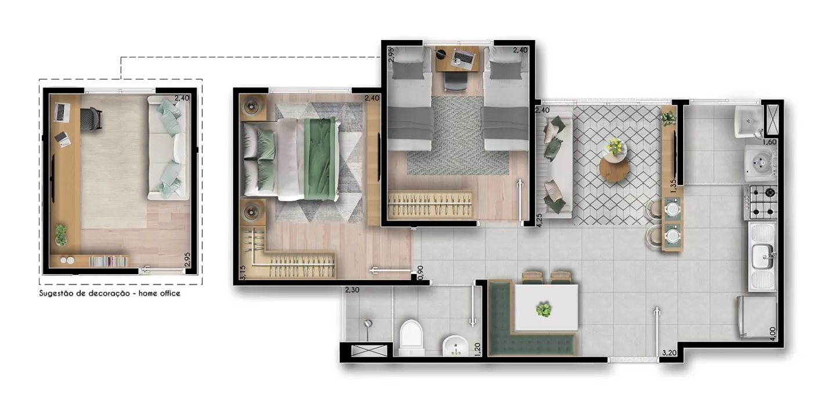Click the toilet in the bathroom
pyautogui.click(x=412, y=337)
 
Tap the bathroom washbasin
pyautogui.click(x=455, y=346)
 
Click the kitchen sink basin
pyautogui.click(x=762, y=256)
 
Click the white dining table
pyautogui.click(x=546, y=308)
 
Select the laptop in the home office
pyautogui.click(x=62, y=112)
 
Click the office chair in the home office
pyautogui.click(x=91, y=118)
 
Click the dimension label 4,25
pyautogui.click(x=539, y=220)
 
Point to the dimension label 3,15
pyautogui.click(x=243, y=272)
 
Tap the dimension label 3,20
pyautogui.click(x=669, y=352)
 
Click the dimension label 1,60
pyautogui.click(x=769, y=142)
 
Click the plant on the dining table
pyautogui.click(x=544, y=310)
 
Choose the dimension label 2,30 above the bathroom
pyautogui.click(x=352, y=290)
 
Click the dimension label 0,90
pyautogui.click(x=420, y=272)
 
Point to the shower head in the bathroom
pyautogui.click(x=368, y=323)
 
